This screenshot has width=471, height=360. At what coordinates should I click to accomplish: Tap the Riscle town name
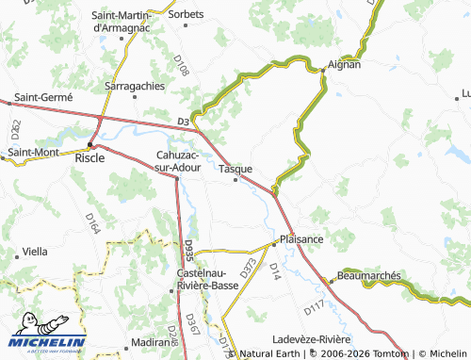coord(89,158)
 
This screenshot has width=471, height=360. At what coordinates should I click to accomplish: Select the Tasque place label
coord(235,169)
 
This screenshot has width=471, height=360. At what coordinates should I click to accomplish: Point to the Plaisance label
coord(301,239)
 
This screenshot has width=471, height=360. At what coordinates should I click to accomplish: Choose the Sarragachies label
coord(135,86)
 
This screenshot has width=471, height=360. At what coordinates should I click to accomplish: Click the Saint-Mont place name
coord(33,152)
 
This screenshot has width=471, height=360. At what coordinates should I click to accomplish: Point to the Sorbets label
coord(185,15)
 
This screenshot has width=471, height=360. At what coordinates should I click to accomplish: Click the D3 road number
coord(183,122)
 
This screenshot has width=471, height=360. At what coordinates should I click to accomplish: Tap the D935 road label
coord(188,249)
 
